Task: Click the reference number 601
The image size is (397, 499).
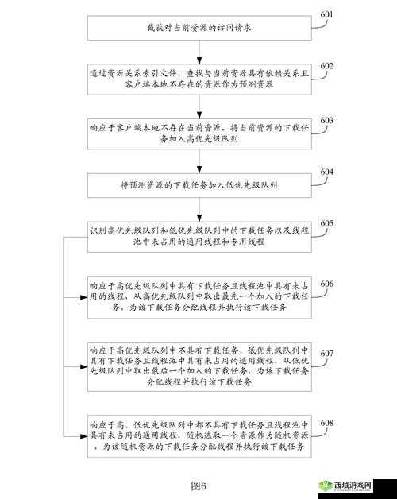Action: coord(326,14)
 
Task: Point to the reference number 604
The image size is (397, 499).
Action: coord(326,172)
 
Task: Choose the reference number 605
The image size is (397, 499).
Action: coord(326,223)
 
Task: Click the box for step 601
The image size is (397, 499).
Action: coord(198,28)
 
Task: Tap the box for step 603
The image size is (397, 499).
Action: coord(198,133)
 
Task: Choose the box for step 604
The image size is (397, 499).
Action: coord(198,185)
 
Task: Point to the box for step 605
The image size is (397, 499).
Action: coord(198,236)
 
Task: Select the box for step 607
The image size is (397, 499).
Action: coord(198,366)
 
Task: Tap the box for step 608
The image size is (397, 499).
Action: coord(198,437)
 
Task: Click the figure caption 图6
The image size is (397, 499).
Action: coord(198,485)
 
